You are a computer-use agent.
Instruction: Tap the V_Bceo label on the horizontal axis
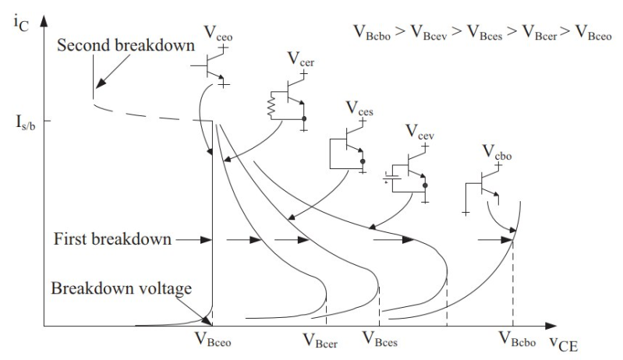pos(212,339)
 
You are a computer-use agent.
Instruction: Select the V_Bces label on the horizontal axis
pos(383,339)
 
